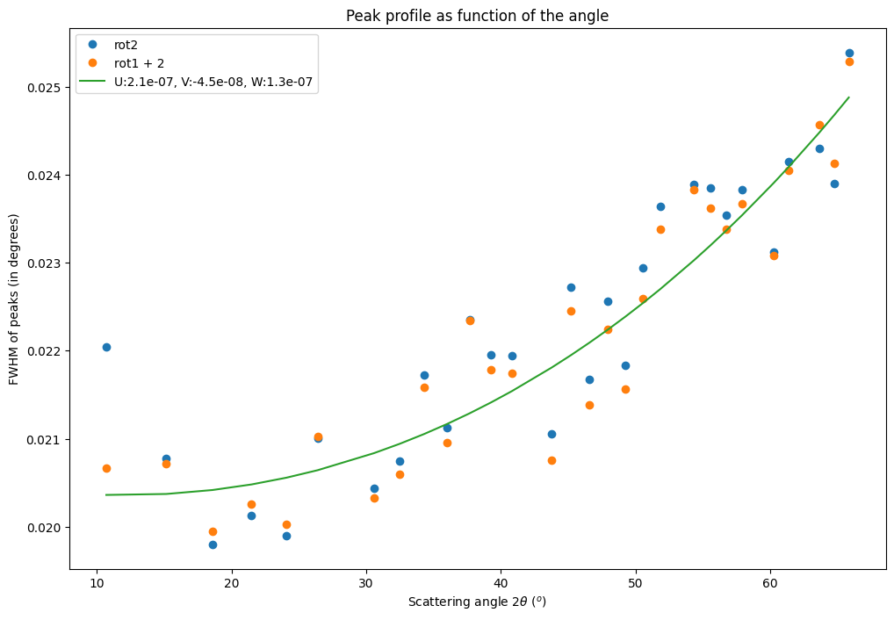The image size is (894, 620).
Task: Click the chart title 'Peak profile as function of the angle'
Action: click(x=477, y=16)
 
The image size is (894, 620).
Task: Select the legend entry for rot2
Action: click(x=126, y=45)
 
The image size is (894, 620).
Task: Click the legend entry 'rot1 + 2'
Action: click(x=138, y=64)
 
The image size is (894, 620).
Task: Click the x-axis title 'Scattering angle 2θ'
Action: click(x=477, y=602)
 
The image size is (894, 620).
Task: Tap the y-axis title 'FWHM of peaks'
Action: click(x=14, y=299)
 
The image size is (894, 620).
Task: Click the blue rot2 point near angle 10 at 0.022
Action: click(x=106, y=347)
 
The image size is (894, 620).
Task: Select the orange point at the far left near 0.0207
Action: click(x=106, y=468)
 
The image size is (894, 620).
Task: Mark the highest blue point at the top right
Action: click(x=849, y=53)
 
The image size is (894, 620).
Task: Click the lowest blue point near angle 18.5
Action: click(x=213, y=544)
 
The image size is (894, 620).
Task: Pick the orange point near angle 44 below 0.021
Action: click(x=552, y=460)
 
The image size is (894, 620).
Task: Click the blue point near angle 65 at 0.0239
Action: click(x=834, y=184)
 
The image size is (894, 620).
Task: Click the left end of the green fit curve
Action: click(x=106, y=494)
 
